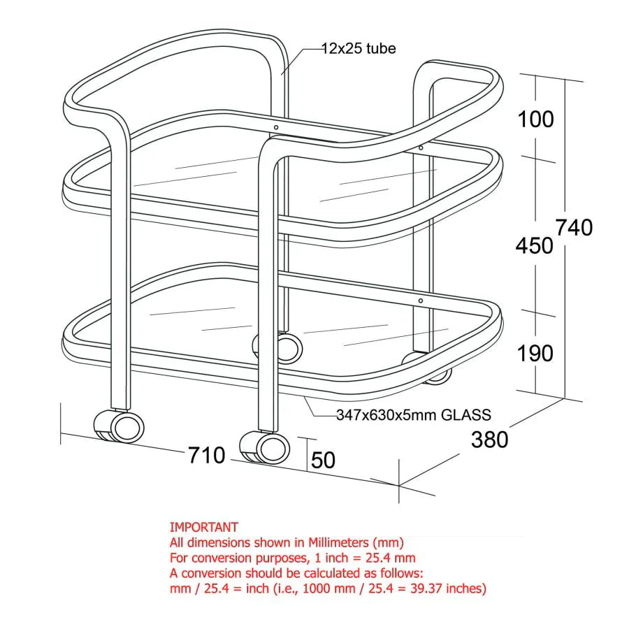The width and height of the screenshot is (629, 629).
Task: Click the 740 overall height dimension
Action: coord(574,228)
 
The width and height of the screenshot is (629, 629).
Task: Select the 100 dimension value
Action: coord(535,120)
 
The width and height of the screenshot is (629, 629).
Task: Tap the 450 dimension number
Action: coord(535,245)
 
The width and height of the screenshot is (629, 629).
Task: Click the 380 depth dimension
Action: coord(489,440)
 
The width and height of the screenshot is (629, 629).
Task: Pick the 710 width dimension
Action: coord(207,456)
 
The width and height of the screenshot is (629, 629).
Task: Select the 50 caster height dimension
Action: coord(323,460)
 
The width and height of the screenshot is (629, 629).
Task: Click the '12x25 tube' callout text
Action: coord(359,48)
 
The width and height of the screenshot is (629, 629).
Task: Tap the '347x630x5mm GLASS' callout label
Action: coord(413,414)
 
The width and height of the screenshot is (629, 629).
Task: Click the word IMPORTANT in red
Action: coord(204,527)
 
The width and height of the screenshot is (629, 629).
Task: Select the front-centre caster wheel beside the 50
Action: coord(265,447)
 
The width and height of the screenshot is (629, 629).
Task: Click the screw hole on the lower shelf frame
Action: coord(421,301)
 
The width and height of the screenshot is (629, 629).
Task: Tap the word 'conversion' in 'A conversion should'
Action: coord(210,573)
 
